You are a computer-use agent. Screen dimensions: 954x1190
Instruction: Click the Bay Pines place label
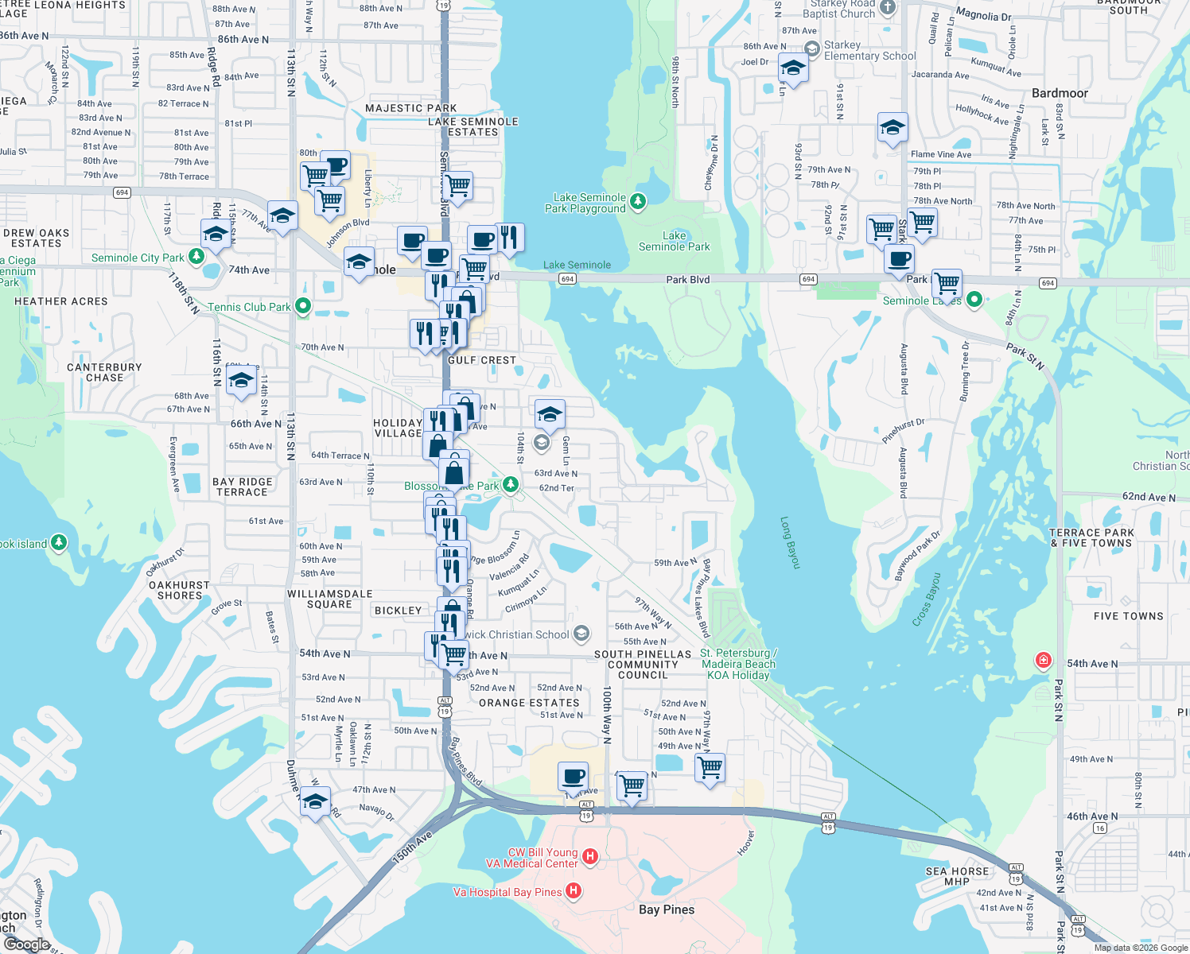click(667, 909)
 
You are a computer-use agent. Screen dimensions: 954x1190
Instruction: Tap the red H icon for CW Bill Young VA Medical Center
click(590, 856)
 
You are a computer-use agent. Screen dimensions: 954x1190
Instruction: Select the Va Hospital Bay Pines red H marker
click(573, 890)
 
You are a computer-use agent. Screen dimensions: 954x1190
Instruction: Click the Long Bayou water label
click(789, 543)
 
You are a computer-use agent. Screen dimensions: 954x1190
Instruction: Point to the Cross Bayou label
click(927, 599)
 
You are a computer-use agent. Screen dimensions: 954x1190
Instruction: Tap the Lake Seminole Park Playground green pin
click(638, 201)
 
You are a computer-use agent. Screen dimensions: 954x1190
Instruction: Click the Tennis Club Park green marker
click(302, 306)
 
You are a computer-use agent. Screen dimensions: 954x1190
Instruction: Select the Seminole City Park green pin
click(196, 257)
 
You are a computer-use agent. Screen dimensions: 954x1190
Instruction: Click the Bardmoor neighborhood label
click(1060, 93)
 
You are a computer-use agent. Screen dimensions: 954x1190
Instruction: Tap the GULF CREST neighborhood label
click(482, 360)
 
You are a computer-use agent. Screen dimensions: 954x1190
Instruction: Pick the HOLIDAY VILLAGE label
click(398, 429)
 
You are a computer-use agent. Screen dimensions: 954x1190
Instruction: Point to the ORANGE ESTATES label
click(529, 703)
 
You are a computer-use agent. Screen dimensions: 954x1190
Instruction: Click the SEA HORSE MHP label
click(957, 876)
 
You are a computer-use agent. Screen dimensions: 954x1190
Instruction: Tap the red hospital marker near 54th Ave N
click(1043, 660)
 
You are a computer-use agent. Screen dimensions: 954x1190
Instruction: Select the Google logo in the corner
click(26, 944)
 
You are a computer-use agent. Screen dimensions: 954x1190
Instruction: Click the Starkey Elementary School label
click(869, 51)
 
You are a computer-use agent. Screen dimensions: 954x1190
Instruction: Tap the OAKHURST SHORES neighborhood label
click(180, 590)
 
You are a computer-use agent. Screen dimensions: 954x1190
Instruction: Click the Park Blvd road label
click(687, 280)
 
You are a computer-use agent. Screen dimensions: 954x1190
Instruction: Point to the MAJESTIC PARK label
click(410, 108)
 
